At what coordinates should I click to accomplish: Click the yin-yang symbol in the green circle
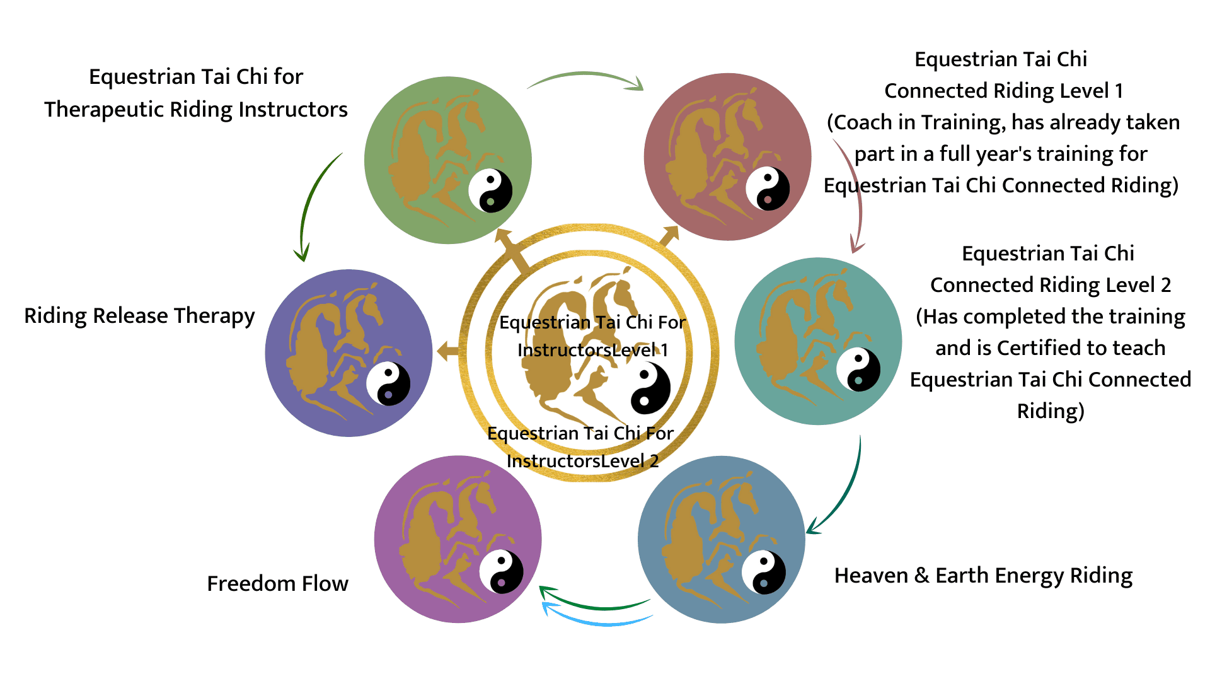tap(490, 190)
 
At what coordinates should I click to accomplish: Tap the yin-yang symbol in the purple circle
tap(501, 572)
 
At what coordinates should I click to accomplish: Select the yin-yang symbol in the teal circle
tap(858, 370)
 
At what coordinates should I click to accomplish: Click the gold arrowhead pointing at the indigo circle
tap(446, 351)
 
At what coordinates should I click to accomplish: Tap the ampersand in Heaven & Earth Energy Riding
tap(922, 576)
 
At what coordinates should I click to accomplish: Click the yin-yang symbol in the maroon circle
tap(768, 189)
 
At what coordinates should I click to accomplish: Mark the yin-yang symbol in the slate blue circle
tap(763, 573)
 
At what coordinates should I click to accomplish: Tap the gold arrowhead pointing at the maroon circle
tap(670, 235)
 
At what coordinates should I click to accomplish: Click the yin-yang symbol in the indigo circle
tap(388, 383)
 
